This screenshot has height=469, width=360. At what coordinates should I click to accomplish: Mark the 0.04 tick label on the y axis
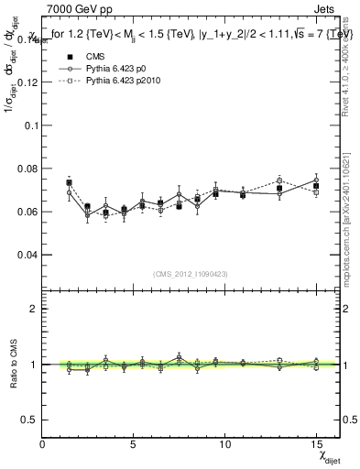point(27,254)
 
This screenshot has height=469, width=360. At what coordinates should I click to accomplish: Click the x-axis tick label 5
point(134,444)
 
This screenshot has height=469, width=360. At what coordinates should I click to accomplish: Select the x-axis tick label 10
point(224,444)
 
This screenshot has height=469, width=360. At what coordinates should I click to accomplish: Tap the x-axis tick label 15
point(315,444)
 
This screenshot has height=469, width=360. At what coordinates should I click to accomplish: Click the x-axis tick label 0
point(43,444)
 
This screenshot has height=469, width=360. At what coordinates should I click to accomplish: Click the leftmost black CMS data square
point(69,182)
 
